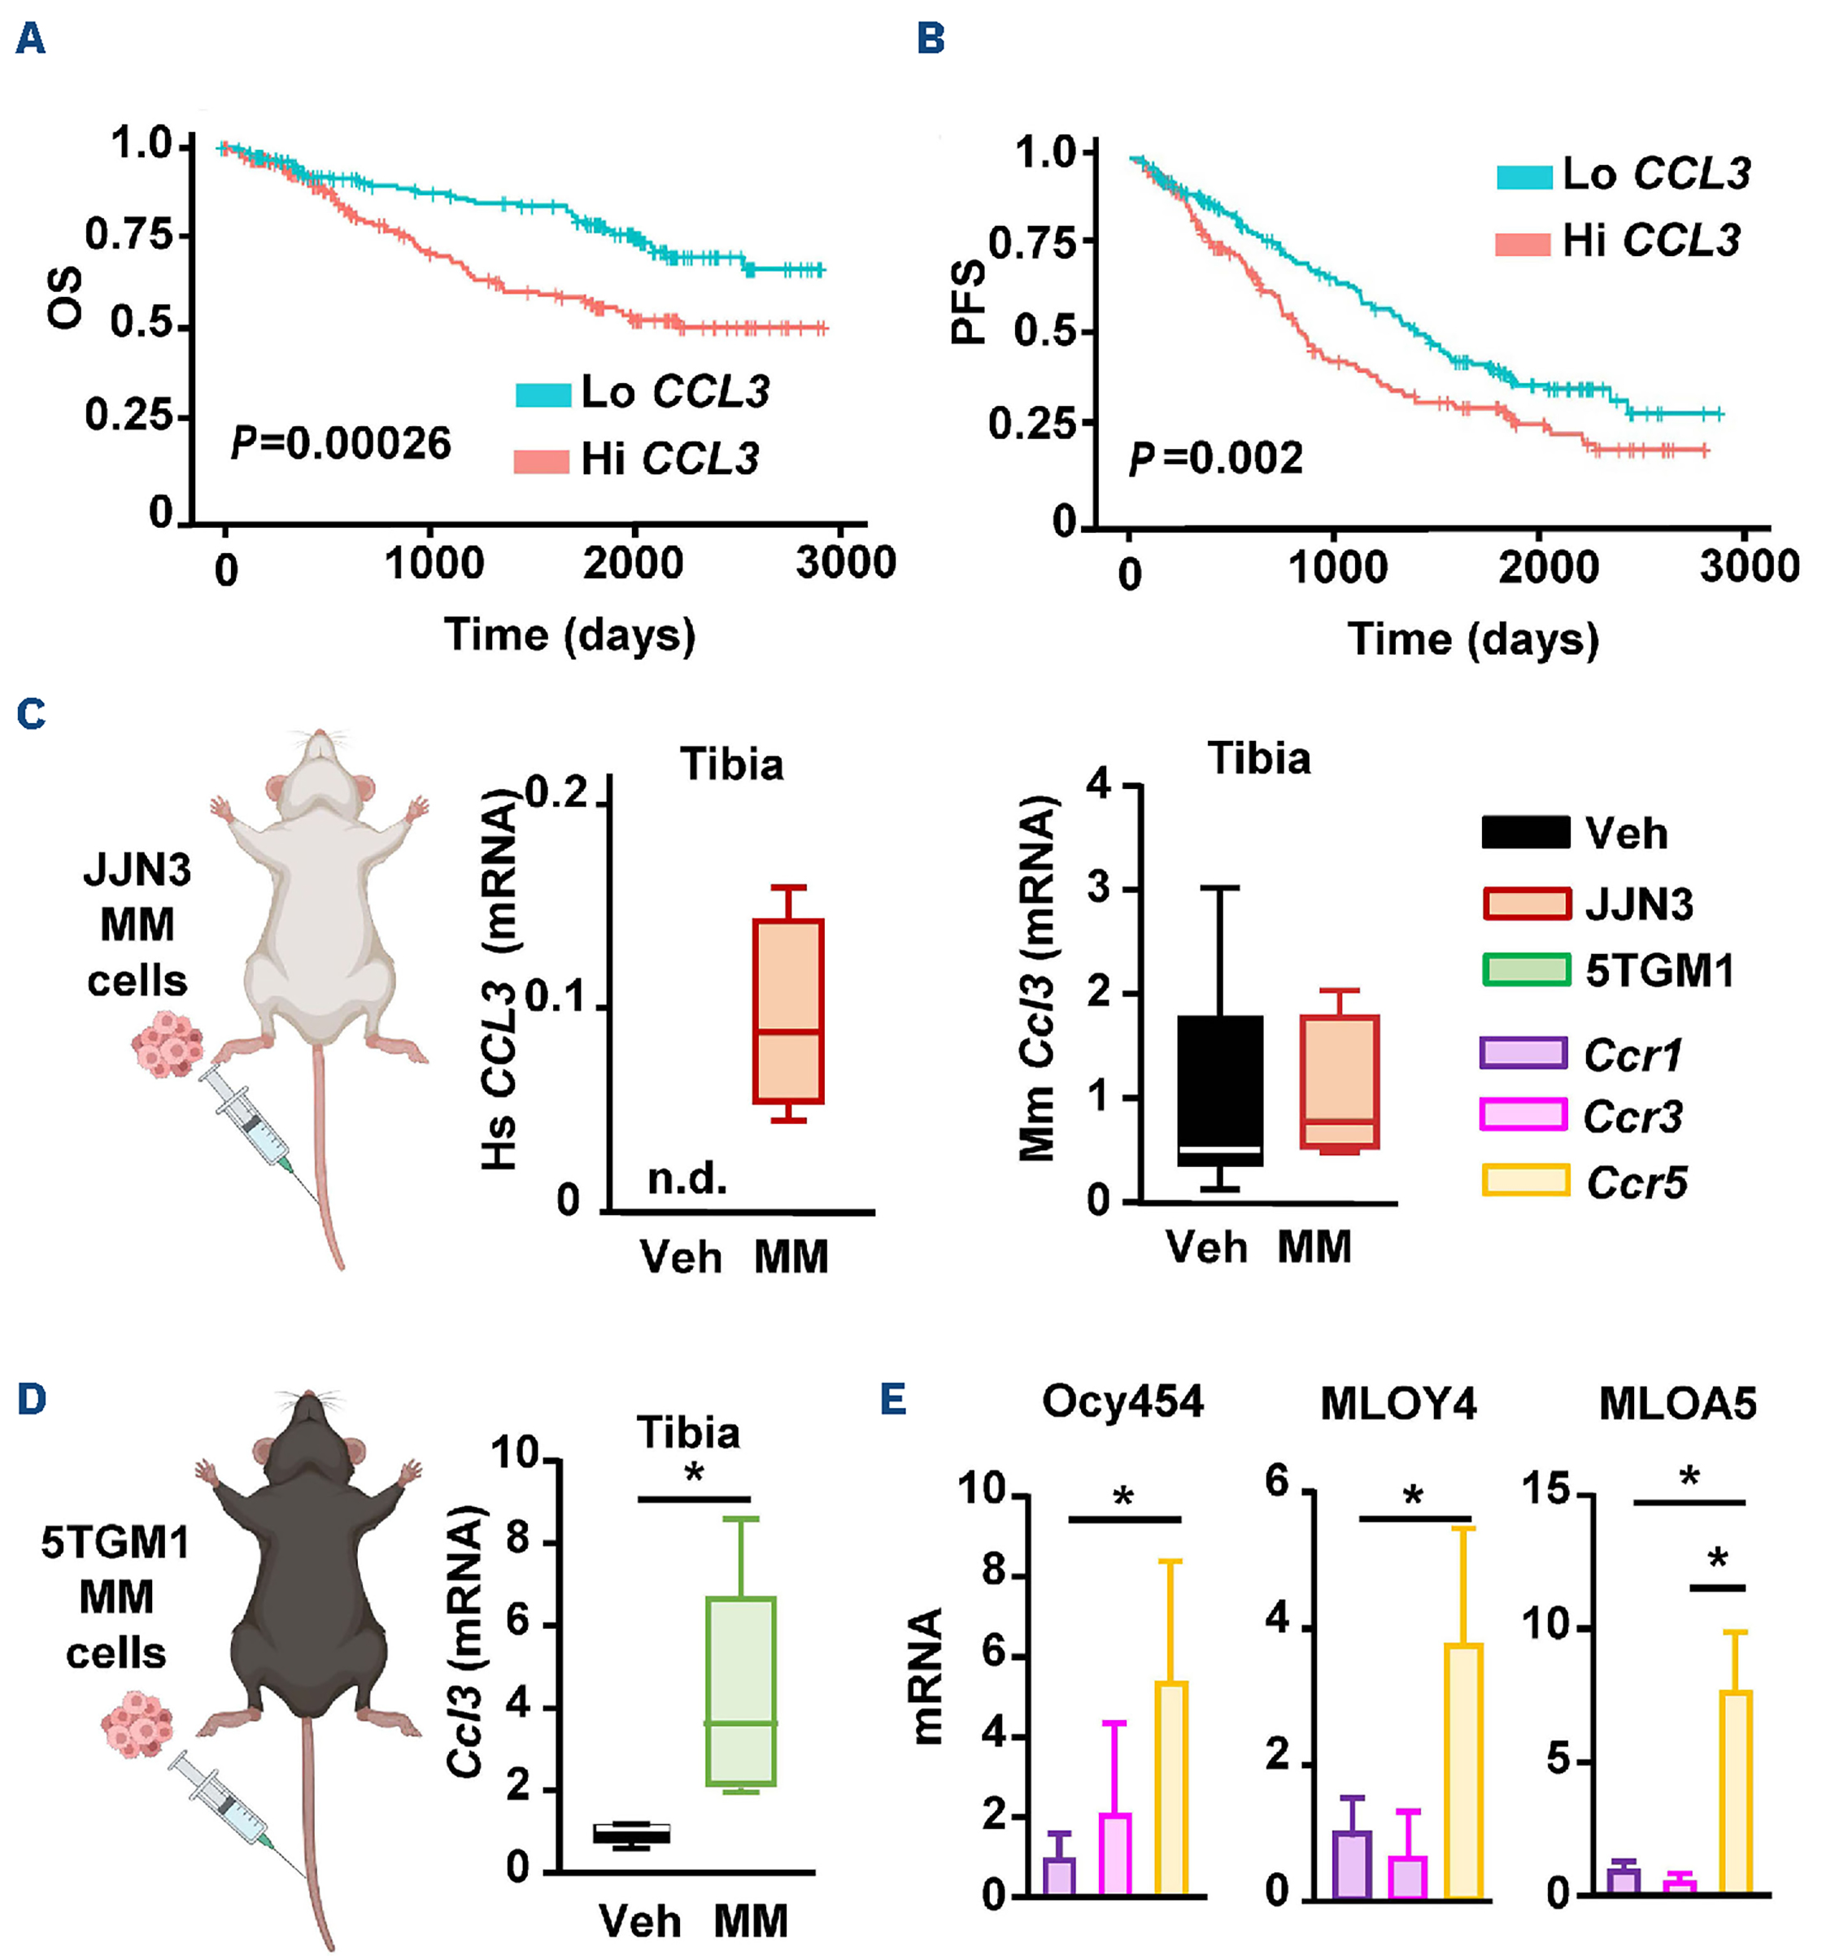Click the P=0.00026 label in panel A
click(x=340, y=444)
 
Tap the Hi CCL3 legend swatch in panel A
click(x=541, y=460)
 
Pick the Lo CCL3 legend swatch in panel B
click(x=1524, y=177)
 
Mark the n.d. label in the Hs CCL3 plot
click(x=687, y=1178)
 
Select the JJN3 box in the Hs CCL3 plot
click(x=787, y=1012)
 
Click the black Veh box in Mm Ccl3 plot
click(x=1220, y=1090)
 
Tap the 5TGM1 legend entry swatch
click(x=1525, y=970)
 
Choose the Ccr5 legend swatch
click(x=1525, y=1181)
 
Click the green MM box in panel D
click(x=741, y=1690)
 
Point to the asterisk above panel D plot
click(x=695, y=1474)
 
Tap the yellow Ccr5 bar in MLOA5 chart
click(x=1736, y=1792)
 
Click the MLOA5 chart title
click(x=1677, y=1404)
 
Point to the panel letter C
click(x=32, y=714)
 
